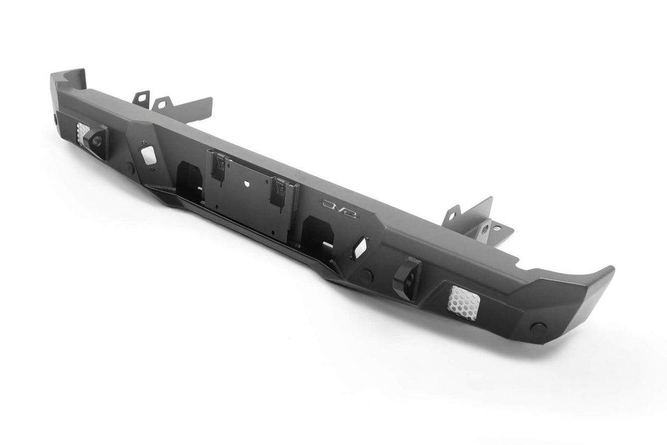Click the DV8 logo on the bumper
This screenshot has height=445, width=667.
[339, 210]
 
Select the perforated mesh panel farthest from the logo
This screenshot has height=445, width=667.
[82, 133]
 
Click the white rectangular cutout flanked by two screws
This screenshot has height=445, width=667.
[148, 155]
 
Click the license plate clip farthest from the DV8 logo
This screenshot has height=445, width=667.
[218, 163]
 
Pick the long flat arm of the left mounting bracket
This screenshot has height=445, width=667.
[187, 108]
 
